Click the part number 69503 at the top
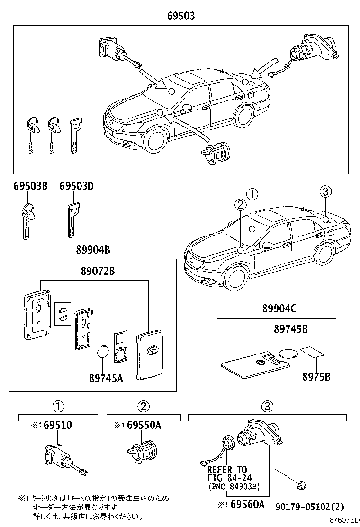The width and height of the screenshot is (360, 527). click(x=181, y=16)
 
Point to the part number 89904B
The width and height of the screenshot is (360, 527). click(x=93, y=250)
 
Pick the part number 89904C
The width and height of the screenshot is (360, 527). click(x=279, y=309)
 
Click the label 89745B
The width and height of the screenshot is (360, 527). click(x=290, y=329)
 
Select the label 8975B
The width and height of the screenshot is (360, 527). click(x=316, y=377)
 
